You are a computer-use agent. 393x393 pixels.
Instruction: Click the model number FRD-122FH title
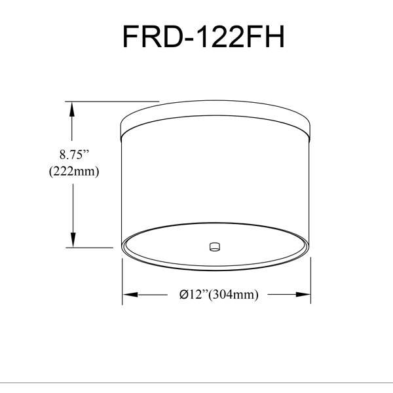coord(203,37)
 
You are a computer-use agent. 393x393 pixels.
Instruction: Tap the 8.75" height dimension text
coord(75,155)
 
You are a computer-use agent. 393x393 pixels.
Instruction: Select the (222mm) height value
coord(74,172)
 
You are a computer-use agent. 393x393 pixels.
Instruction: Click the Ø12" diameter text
coord(194,294)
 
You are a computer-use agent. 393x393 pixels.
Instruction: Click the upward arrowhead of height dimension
coord(72,109)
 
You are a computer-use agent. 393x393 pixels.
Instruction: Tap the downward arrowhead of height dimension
coord(73,240)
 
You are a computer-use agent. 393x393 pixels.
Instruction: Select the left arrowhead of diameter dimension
coord(130,295)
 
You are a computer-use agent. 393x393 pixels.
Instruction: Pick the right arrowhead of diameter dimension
coord(303,295)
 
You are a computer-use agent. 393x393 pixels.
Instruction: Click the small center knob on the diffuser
coord(215,247)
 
